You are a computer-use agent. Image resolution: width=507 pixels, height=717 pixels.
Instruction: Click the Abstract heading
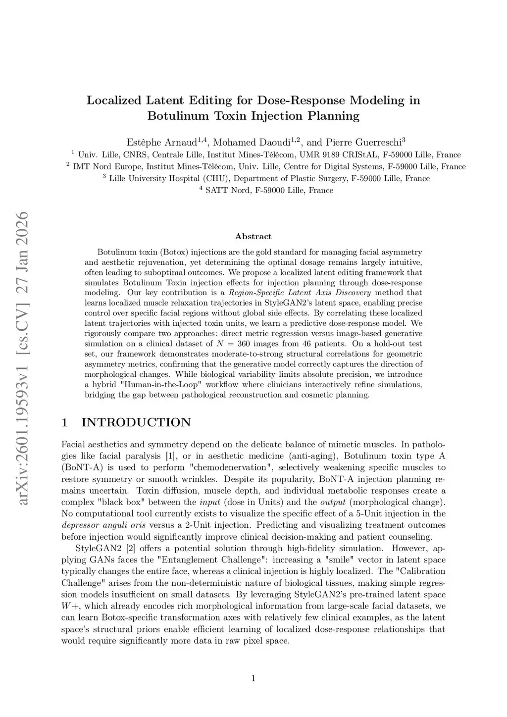click(x=253, y=236)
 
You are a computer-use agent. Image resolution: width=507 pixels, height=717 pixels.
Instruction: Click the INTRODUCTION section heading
click(x=136, y=422)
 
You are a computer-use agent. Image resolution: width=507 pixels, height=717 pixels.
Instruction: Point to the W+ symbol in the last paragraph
click(x=68, y=607)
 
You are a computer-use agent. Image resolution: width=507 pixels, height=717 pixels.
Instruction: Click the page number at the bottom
click(x=253, y=679)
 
